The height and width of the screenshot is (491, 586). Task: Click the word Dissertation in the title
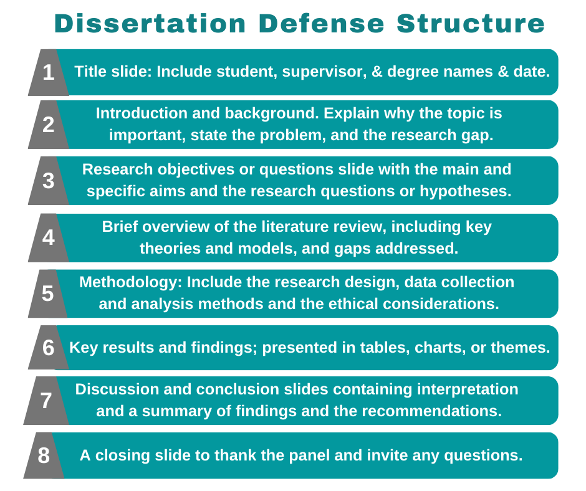[150, 24]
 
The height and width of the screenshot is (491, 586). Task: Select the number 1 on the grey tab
[49, 73]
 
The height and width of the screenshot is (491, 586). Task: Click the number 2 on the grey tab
[49, 125]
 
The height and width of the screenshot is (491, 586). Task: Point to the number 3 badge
[49, 181]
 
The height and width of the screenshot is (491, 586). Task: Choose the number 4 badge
[49, 238]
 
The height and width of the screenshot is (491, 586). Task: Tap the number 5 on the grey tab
[48, 293]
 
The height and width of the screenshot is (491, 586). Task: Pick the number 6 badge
[48, 348]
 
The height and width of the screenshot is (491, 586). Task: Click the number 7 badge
[46, 401]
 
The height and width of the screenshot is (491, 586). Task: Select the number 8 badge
[44, 455]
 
